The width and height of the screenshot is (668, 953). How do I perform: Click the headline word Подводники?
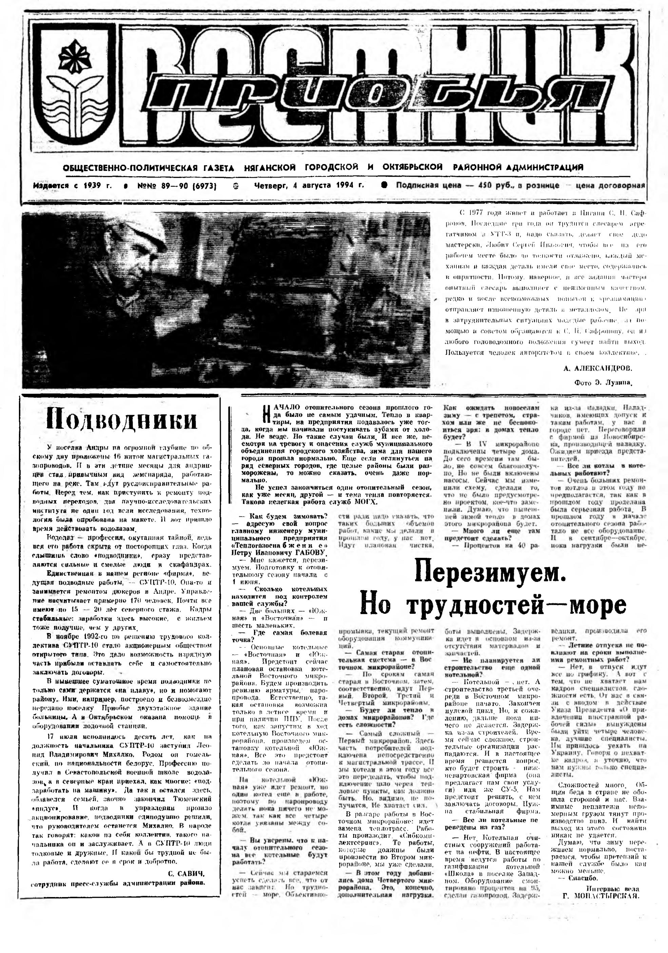121,420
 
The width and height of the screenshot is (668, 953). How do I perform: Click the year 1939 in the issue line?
98,185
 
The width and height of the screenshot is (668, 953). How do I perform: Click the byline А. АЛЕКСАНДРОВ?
598,368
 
